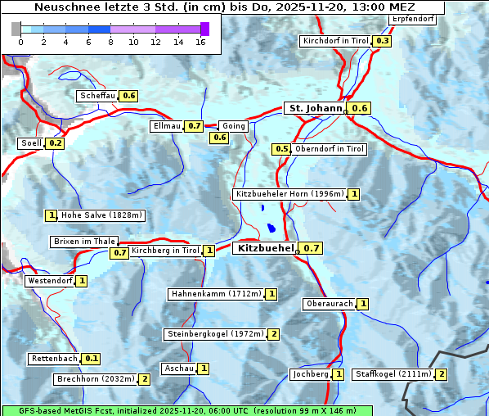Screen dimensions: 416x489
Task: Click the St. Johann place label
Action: pos(314,108)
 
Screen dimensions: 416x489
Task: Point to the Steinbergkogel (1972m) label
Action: pos(215,334)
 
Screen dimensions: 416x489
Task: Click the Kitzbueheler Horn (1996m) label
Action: pos(289,194)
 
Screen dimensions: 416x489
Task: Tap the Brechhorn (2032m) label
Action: pos(96,379)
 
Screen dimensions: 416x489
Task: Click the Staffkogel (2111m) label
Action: pos(393,374)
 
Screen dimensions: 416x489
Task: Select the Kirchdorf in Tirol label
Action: pos(336,41)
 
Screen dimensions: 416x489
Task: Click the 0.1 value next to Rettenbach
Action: pos(92,359)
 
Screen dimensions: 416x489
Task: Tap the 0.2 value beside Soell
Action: pos(56,143)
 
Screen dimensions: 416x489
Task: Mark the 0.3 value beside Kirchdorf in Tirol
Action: pos(382,41)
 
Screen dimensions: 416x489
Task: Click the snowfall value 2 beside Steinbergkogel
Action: pos(273,334)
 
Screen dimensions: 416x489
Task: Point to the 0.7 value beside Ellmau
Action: pos(194,126)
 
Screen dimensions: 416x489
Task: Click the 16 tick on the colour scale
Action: pos(200,42)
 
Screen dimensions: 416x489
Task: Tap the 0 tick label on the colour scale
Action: pos(20,42)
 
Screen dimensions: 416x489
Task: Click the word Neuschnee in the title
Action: pos(64,7)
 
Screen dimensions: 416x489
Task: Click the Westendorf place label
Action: pos(50,281)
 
